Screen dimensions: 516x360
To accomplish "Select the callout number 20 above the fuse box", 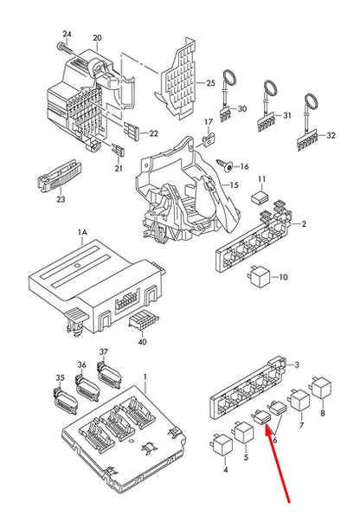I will [x=96, y=38].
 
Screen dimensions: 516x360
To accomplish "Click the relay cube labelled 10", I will [x=259, y=278].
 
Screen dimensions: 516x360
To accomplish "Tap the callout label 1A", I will [x=82, y=233].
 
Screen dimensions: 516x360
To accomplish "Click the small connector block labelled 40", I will [x=138, y=322].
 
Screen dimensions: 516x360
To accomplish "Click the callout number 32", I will [x=330, y=137].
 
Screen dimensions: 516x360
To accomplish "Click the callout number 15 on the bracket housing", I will [x=232, y=184].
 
